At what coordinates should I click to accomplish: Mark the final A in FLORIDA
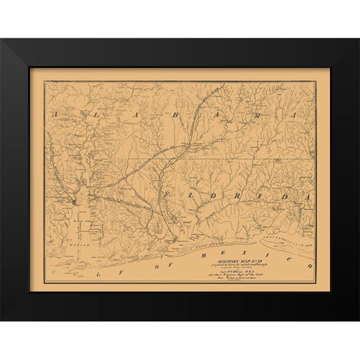[307, 196]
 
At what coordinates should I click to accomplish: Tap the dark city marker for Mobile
[73, 201]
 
